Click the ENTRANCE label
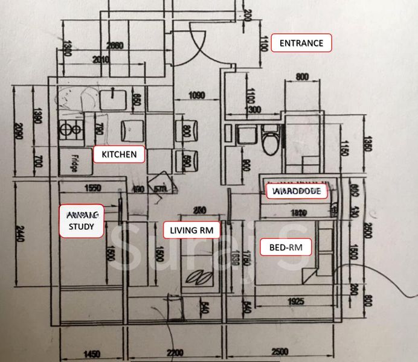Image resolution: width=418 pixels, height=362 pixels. coord(301,43)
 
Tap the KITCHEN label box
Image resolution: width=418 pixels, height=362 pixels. coord(119,154)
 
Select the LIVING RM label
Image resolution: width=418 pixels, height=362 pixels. coord(191,230)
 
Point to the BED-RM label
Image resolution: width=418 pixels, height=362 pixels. coord(281,246)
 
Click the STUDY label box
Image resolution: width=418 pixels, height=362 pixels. coord(80,220)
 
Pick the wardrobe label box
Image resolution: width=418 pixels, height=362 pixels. coord(298,192)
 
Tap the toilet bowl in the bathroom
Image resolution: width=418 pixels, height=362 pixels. coord(271,139)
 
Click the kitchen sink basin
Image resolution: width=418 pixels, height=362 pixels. coord(113,98)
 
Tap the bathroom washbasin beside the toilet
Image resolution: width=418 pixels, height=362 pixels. coord(245,134)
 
